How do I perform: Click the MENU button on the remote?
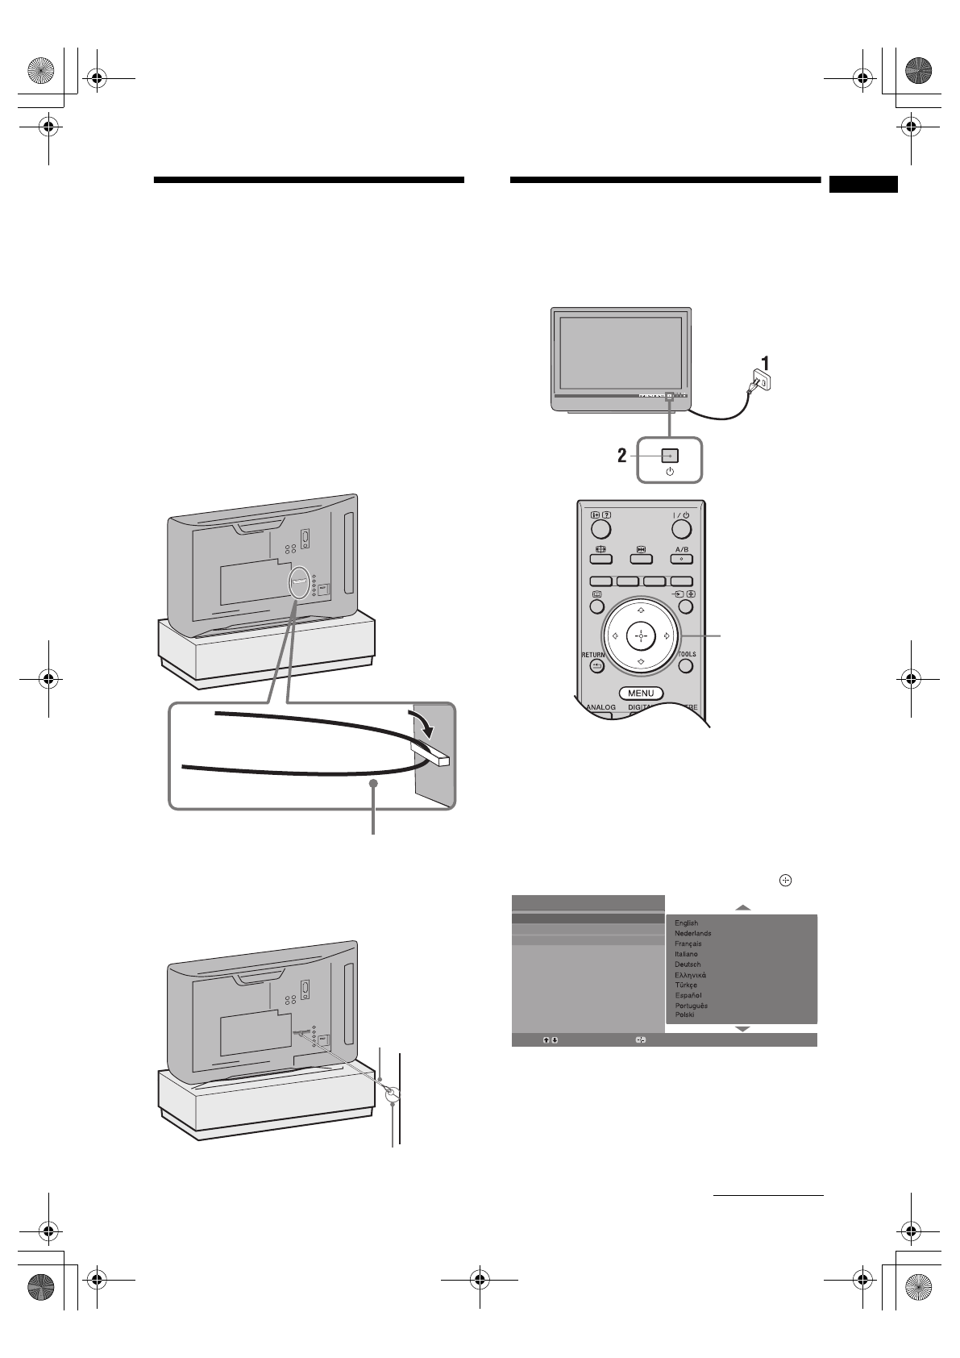pos(641,694)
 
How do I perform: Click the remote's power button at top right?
pos(682,529)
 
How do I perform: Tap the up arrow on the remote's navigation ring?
pos(641,610)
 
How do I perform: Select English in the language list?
pos(687,923)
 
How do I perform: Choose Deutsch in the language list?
pos(688,964)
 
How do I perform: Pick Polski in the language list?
pos(684,1015)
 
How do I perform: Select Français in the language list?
pos(688,944)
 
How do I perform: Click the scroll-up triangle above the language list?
pos(742,908)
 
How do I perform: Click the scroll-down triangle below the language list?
pos(742,1030)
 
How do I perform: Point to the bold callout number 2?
pos(621,456)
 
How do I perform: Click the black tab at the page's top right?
pos(862,185)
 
